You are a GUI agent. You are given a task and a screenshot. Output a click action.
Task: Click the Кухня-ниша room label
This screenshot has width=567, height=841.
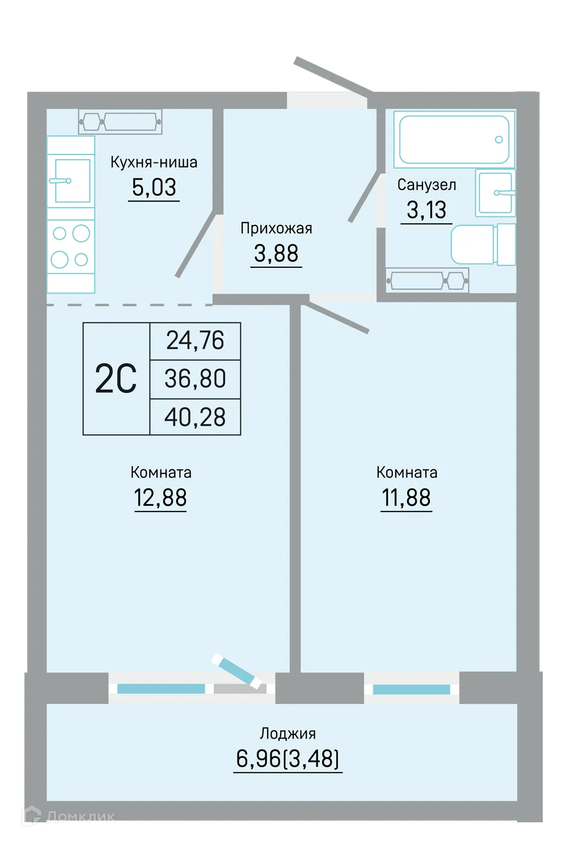pos(154,162)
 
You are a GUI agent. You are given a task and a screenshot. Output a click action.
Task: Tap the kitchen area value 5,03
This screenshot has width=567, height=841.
pos(154,187)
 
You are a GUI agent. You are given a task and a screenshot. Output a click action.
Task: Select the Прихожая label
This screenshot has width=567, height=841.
pos(276,228)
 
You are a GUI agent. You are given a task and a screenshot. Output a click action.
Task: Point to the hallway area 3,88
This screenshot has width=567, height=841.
pos(276,253)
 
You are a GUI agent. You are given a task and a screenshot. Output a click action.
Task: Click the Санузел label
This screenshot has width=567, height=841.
pos(427,185)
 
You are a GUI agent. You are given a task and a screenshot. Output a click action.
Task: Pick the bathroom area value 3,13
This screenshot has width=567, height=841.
pos(426,210)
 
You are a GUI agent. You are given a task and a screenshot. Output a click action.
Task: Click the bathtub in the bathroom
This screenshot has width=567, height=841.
pos(454,139)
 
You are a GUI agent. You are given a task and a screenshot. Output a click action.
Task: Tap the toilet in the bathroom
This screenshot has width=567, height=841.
pos(483,245)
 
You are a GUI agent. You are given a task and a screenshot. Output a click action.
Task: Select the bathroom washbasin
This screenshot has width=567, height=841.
pos(495,193)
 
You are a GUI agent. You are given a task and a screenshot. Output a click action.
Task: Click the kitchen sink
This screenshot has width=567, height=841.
pos(71,181)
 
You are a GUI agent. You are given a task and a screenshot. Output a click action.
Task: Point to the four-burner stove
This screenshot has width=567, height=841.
pos(71,246)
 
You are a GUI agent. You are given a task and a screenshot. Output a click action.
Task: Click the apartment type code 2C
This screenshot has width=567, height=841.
pos(116,379)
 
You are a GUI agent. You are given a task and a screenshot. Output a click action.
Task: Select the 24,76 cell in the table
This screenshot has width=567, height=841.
pos(195,340)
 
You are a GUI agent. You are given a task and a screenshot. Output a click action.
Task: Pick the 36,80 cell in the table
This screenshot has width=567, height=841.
pos(195,379)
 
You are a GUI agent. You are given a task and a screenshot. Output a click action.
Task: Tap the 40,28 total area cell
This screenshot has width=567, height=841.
pos(195,417)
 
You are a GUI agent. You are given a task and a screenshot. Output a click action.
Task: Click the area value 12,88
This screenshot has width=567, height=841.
pos(160,498)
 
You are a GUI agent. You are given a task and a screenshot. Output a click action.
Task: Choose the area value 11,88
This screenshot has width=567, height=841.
pos(407,498)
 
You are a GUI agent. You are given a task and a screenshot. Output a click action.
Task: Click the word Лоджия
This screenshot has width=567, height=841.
pos(288,733)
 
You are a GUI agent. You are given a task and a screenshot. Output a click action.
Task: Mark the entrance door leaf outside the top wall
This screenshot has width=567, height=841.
pos(333,75)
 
